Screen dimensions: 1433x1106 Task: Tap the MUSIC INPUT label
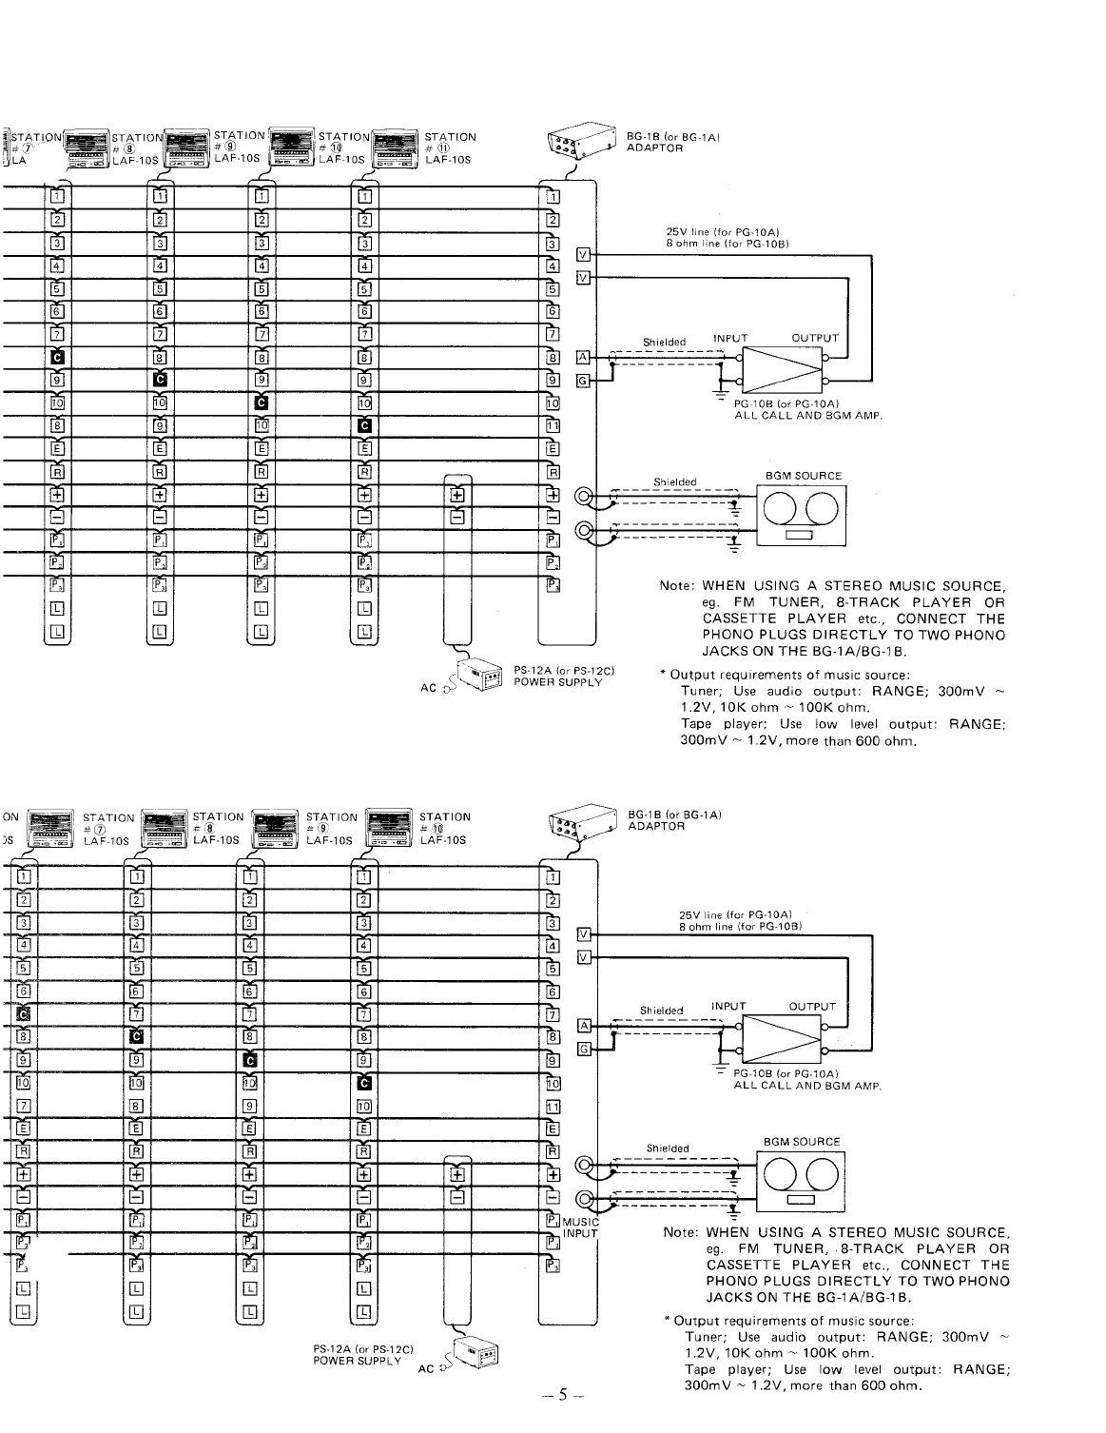pos(580,1227)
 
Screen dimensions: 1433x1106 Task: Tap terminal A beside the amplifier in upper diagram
pos(584,357)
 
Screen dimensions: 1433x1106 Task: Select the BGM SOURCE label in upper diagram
pos(804,476)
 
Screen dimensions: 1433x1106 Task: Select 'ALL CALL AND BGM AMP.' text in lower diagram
pos(809,1086)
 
